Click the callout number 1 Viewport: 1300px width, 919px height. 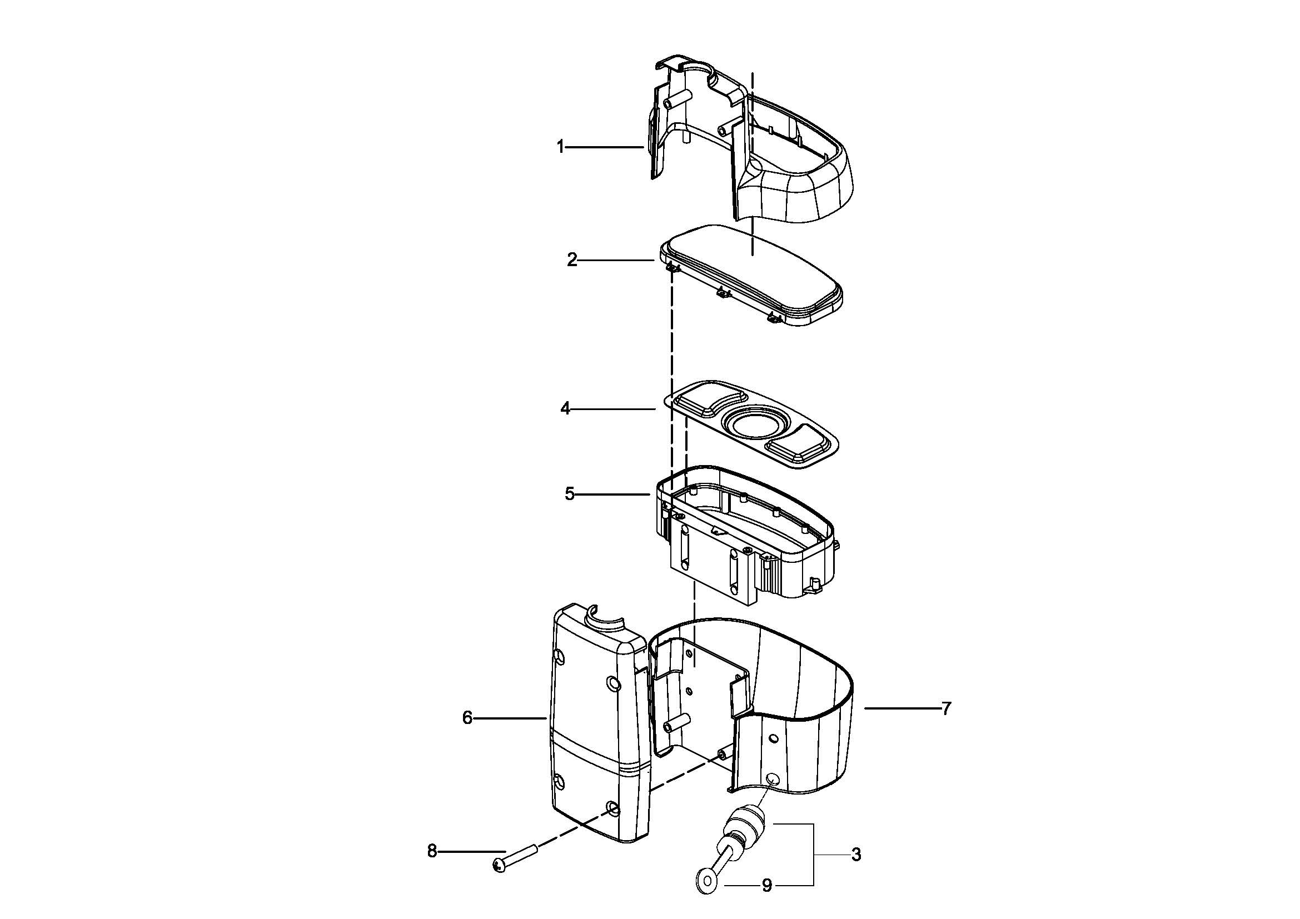(x=560, y=147)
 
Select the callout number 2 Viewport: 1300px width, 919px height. (x=572, y=259)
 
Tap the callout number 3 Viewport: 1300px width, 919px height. (x=856, y=855)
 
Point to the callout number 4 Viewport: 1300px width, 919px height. (x=565, y=408)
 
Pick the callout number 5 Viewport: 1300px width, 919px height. (x=570, y=494)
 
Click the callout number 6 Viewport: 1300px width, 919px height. (x=467, y=718)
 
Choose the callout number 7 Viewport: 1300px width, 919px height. (x=947, y=708)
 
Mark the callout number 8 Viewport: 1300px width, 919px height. (x=432, y=851)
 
